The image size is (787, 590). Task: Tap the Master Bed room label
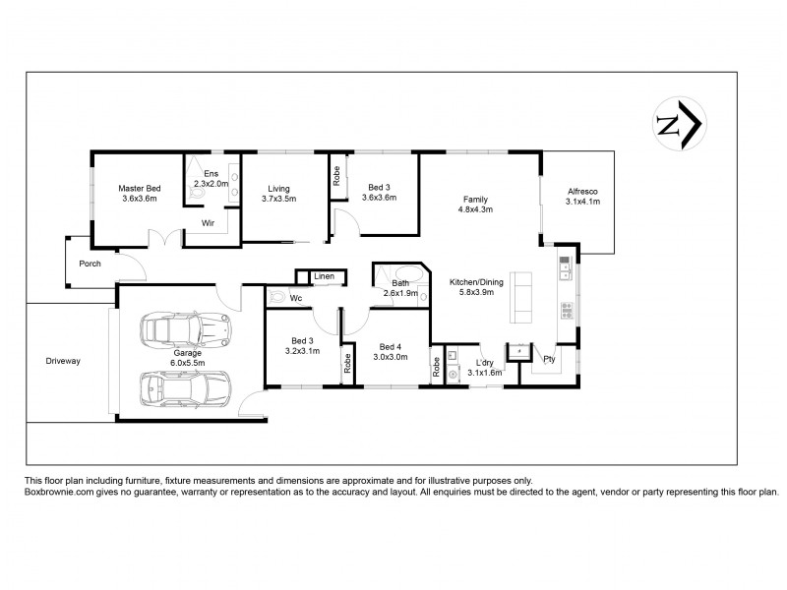click(x=140, y=193)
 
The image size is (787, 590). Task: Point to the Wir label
click(x=208, y=223)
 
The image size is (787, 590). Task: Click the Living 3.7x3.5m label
click(x=278, y=193)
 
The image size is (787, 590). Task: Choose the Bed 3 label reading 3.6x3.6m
click(x=379, y=193)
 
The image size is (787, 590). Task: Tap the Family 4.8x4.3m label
click(x=474, y=204)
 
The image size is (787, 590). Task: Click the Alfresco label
click(x=582, y=196)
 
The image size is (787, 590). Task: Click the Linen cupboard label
click(x=324, y=276)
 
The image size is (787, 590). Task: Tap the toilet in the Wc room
click(x=276, y=296)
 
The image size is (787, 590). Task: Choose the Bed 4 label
click(x=391, y=352)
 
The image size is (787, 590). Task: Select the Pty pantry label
click(x=549, y=358)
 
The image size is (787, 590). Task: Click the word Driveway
click(x=63, y=361)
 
